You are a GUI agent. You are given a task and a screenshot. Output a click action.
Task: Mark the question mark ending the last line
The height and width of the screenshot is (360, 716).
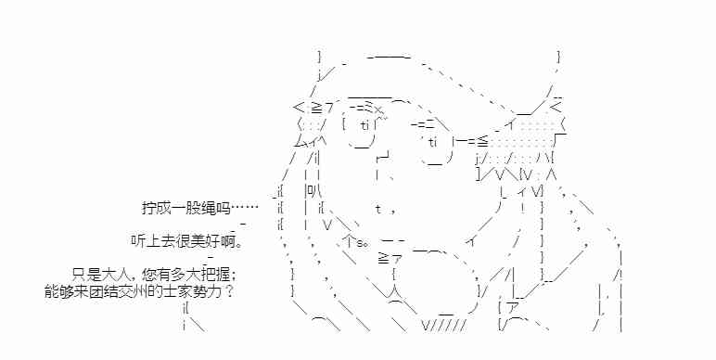coord(229,291)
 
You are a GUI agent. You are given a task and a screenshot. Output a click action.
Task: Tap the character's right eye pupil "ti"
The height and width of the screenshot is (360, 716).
coord(433,142)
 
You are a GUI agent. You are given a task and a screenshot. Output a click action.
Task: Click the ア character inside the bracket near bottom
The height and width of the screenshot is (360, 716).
coord(513,309)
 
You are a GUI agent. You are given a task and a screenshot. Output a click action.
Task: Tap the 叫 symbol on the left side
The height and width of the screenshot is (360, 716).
coord(312,190)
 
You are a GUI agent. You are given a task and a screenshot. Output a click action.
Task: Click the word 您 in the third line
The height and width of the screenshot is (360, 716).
coord(150,275)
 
